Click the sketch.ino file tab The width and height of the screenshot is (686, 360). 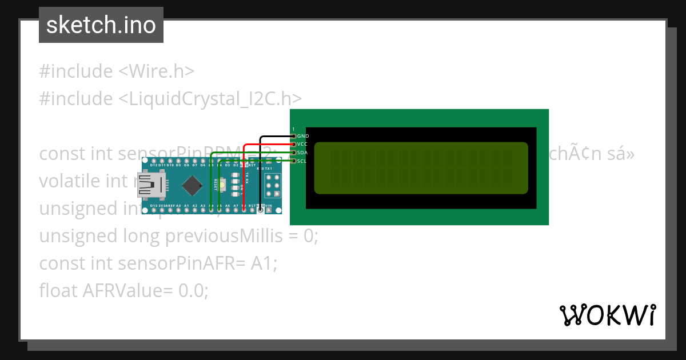click(101, 25)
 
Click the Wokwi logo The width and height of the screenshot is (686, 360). click(607, 315)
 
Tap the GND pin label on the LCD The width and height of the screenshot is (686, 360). click(303, 136)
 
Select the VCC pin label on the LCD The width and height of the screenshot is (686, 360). click(303, 144)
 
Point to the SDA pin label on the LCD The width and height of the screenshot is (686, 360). click(303, 153)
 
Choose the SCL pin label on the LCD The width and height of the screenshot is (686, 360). click(303, 161)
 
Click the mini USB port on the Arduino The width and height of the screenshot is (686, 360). click(151, 186)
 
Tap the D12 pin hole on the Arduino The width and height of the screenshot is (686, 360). click(154, 170)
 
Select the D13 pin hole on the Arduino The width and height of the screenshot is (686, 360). click(154, 210)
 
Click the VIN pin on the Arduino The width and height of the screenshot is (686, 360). click(269, 210)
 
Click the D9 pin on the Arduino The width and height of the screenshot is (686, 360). click(178, 170)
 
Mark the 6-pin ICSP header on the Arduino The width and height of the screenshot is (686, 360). click(272, 186)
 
